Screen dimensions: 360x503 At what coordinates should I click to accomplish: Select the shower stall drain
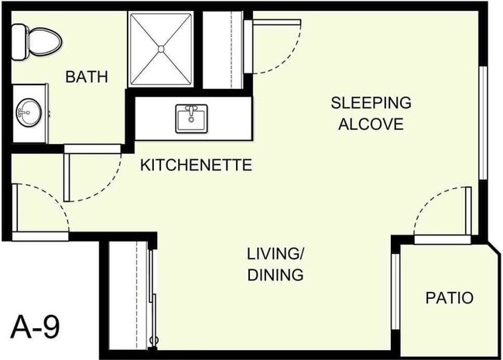coord(161,48)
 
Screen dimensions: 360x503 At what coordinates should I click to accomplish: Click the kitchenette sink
coord(192,118)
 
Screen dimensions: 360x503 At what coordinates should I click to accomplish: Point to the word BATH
coord(86,77)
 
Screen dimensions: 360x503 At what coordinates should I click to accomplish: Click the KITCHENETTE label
coord(196,165)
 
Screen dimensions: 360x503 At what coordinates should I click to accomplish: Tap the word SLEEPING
coord(371,103)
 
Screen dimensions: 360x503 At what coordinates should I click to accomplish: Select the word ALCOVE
coord(371,124)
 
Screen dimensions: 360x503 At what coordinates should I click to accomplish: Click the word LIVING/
coord(275,254)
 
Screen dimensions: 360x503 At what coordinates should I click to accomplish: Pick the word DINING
coord(275,274)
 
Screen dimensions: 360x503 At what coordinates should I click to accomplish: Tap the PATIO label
coord(449,297)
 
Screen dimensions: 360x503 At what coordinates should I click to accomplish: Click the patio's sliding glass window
coord(395,290)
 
